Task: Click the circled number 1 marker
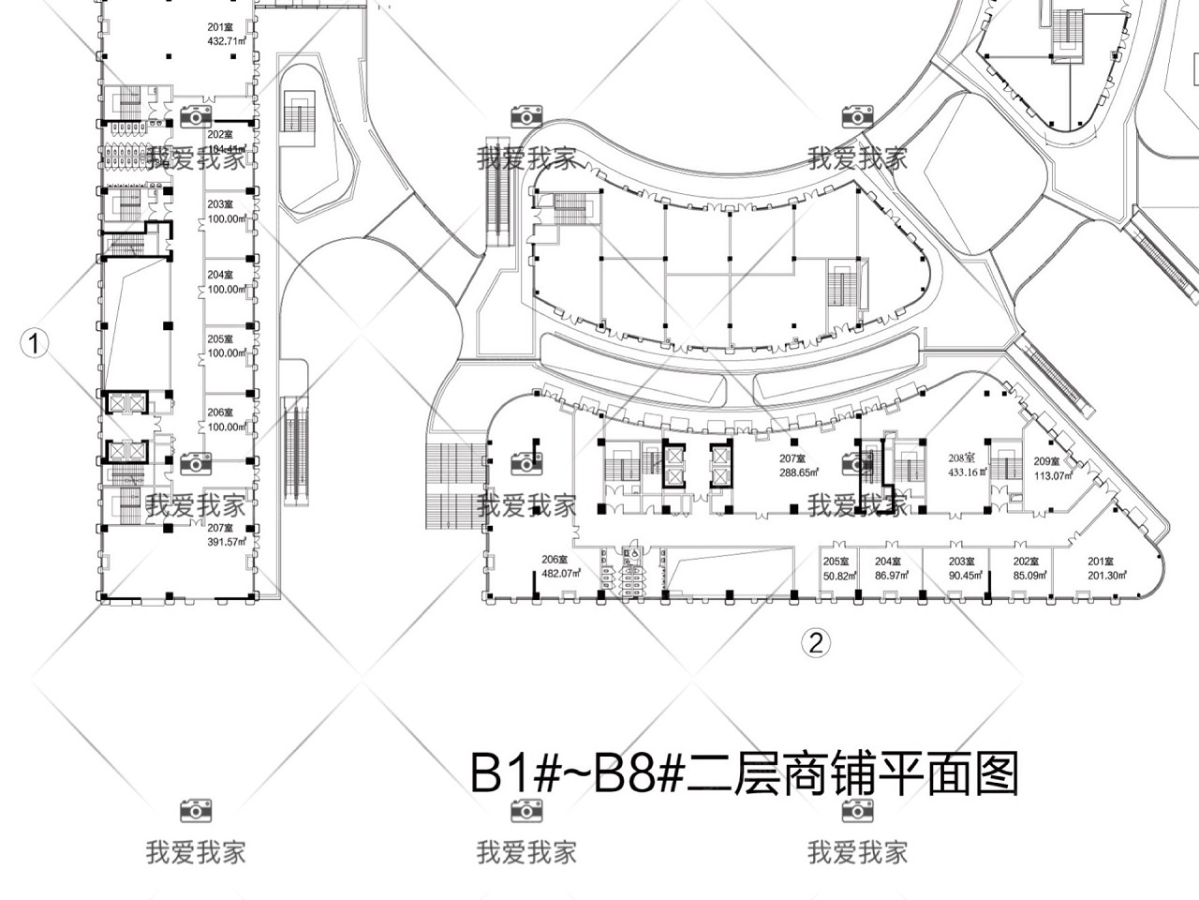pos(35,344)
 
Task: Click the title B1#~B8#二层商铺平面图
pos(744,775)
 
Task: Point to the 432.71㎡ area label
pos(227,41)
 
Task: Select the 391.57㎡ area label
pos(227,541)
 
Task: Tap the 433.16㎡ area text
pos(961,472)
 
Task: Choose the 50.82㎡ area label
pos(840,576)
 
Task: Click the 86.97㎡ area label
pos(890,576)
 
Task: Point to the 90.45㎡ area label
pos(963,576)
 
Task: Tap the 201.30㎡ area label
pos(1105,576)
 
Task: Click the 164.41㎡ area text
pos(226,149)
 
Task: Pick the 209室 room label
pos(1046,461)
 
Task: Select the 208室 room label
pos(962,458)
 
